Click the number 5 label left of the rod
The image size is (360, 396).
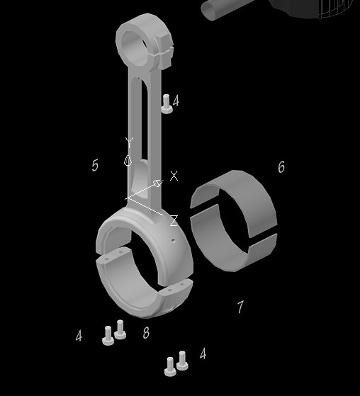[x=95, y=165]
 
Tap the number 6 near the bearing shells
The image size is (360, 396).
[x=281, y=166]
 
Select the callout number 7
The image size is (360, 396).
[x=240, y=307]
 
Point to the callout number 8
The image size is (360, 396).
[x=146, y=332]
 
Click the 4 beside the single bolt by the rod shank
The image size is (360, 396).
[x=176, y=101]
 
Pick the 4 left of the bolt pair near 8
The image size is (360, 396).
[x=79, y=336]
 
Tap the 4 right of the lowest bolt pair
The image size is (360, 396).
[x=203, y=353]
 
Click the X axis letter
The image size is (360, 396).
[x=174, y=176]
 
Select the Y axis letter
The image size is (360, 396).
[x=129, y=142]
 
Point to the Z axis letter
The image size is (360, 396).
[x=174, y=221]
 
